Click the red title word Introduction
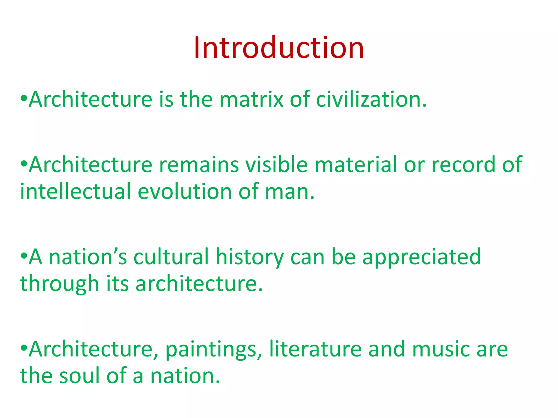[x=279, y=48]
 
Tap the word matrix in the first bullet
[x=251, y=99]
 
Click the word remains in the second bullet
[x=199, y=165]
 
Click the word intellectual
[x=76, y=191]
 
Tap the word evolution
[x=185, y=191]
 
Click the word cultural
[x=171, y=257]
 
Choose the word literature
[x=315, y=349]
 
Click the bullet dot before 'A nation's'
[x=24, y=256]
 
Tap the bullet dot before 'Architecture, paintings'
[x=24, y=348]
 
